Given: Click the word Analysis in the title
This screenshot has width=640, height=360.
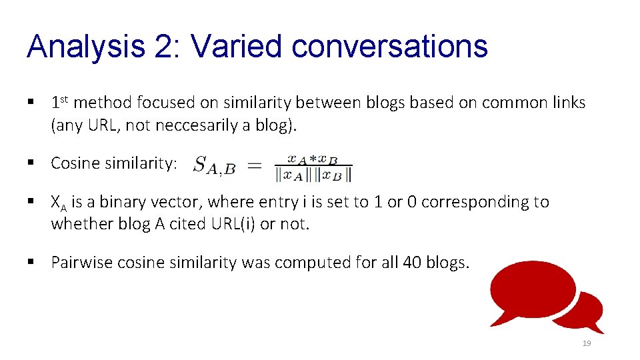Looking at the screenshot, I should point(85,47).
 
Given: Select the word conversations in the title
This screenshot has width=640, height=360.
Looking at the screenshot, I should point(390,47).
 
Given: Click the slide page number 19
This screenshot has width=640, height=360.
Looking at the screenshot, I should point(587,343).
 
